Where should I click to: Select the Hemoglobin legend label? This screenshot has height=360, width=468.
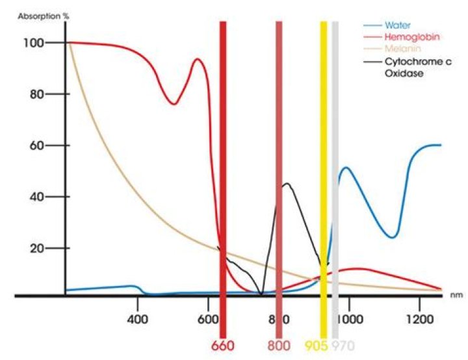pyautogui.click(x=407, y=37)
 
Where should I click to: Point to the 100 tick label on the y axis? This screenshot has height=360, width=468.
pyautogui.click(x=34, y=43)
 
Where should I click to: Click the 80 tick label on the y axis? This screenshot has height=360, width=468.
pyautogui.click(x=36, y=94)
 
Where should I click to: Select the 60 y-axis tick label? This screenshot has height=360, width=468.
pyautogui.click(x=36, y=146)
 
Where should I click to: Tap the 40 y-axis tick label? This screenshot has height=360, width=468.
pyautogui.click(x=36, y=197)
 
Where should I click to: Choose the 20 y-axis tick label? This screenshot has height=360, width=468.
pyautogui.click(x=36, y=248)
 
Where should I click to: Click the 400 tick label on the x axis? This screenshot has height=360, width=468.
pyautogui.click(x=137, y=320)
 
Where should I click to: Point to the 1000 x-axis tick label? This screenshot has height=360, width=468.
pyautogui.click(x=348, y=320)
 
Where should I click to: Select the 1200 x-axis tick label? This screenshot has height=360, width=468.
pyautogui.click(x=419, y=320)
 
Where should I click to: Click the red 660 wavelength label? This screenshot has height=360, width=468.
pyautogui.click(x=223, y=344)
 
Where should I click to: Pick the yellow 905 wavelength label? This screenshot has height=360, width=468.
pyautogui.click(x=317, y=344)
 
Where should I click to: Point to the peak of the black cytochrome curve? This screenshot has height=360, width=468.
pyautogui.click(x=287, y=184)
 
